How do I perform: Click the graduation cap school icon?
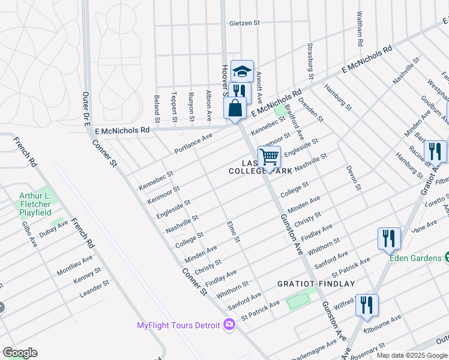pos(242,71)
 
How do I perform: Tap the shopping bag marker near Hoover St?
pos(235,109)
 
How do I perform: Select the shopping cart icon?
pos(270,158)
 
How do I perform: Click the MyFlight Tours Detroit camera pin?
pos(229,325)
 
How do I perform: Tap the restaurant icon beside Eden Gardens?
pos(389,239)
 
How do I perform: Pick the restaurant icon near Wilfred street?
pos(366,305)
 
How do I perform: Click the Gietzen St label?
pos(244,23)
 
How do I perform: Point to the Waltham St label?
pos(360,29)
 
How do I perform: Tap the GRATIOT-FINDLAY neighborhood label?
pos(316,284)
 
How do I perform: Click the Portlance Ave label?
pos(193,144)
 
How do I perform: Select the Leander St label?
pos(94,289)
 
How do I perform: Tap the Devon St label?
pos(353,178)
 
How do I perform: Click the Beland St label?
pos(157,105)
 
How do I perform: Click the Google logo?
pos(20,353)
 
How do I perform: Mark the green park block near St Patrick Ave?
pos(301,298)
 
